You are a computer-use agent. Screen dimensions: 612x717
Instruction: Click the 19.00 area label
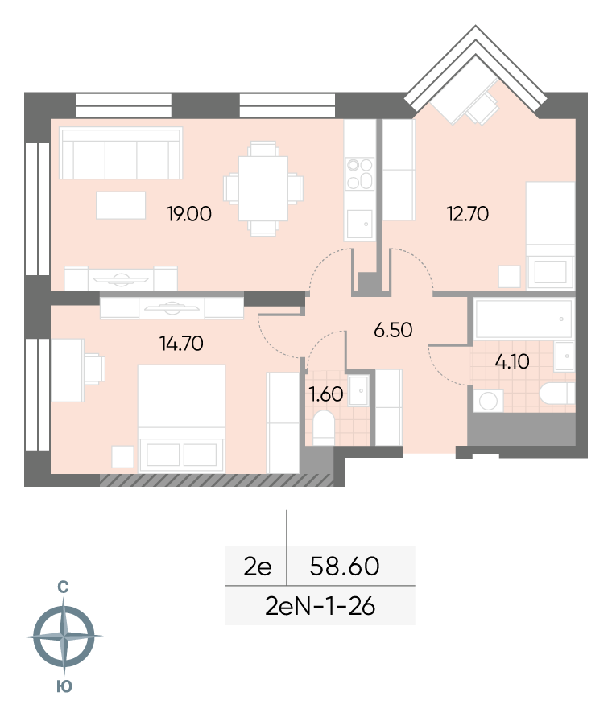189,213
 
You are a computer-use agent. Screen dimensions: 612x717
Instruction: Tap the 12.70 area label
467,213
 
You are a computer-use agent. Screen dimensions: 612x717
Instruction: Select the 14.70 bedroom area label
181,343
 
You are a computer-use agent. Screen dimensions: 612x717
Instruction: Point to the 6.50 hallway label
393,330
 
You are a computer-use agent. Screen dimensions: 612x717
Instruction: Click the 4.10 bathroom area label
512,361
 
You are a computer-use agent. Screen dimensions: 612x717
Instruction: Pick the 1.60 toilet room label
326,394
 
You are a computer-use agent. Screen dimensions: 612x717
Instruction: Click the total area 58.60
344,566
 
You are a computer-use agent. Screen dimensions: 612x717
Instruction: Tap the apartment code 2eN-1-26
320,606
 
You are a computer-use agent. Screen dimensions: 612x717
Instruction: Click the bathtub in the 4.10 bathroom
523,319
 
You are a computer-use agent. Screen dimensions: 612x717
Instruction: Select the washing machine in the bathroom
488,401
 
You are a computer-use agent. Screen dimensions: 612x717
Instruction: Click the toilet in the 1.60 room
324,427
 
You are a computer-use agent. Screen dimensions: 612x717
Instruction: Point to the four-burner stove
359,174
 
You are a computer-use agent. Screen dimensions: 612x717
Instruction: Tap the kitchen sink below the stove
359,224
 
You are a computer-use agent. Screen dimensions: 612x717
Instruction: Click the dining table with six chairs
263,188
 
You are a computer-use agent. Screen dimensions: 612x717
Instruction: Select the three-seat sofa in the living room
121,153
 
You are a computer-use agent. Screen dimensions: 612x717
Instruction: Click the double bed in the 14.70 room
181,418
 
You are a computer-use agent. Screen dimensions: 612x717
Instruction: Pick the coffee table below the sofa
121,205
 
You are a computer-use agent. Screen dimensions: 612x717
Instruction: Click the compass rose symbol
64,636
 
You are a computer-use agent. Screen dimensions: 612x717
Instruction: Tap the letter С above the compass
64,587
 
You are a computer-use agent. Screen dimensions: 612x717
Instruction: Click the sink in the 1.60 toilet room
358,390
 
